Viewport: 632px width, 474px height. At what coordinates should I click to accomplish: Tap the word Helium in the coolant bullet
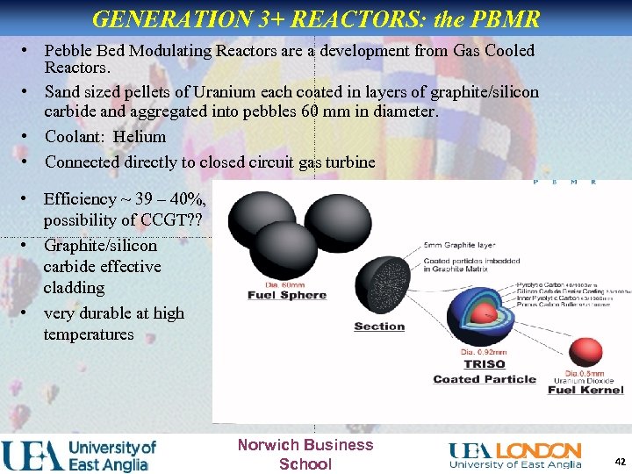pos(140,137)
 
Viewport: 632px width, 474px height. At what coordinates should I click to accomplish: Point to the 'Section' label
pos(379,327)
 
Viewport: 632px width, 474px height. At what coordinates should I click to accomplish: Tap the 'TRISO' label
pos(485,363)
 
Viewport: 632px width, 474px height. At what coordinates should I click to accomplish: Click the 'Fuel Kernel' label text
pos(585,389)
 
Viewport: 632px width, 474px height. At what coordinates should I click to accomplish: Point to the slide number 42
pos(620,461)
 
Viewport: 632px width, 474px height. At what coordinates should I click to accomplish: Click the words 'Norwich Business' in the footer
pos(305,445)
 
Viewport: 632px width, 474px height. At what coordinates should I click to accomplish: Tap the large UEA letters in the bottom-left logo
pos(32,456)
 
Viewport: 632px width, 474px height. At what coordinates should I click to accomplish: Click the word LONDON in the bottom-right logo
pos(539,450)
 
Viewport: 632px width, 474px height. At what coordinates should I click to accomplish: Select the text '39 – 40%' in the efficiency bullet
pos(162,199)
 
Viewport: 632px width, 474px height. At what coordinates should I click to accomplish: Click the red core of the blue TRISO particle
pos(478,314)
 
